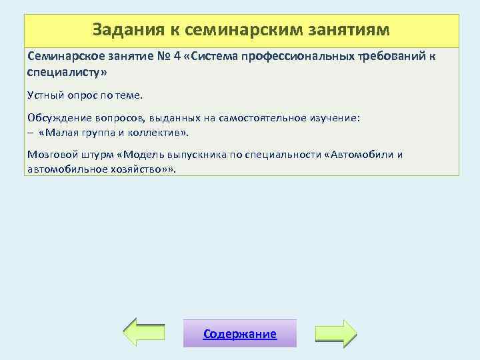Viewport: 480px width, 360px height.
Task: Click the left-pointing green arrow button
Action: click(145, 332)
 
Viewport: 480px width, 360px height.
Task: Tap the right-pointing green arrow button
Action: click(335, 332)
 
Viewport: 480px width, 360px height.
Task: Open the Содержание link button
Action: click(240, 334)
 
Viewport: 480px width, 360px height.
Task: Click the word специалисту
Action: click(66, 70)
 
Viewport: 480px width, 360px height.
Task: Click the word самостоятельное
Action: click(269, 118)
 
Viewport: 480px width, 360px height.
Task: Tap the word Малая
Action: click(64, 131)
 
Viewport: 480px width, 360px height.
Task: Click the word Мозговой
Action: click(51, 155)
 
